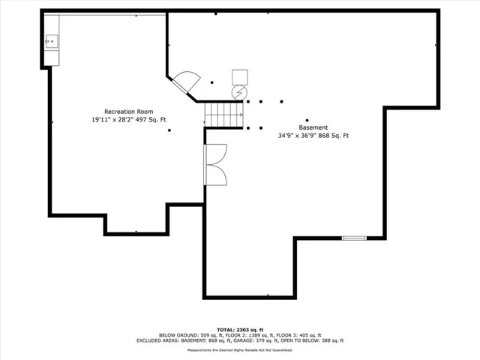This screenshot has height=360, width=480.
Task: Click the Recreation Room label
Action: tap(128, 112)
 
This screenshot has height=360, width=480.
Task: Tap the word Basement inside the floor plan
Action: tap(313, 127)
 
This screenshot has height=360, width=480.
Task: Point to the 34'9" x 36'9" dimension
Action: tap(297, 136)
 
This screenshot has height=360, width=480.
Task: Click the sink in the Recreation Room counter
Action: tap(52, 41)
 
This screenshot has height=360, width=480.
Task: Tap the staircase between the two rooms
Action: tap(223, 115)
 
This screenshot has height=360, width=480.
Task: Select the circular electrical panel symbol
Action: tap(239, 92)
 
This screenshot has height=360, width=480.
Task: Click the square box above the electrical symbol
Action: tap(240, 77)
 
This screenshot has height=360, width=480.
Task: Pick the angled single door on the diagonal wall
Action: tap(186, 82)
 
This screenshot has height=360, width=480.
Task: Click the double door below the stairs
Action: tap(215, 165)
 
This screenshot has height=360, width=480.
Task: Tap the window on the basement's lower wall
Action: tap(354, 238)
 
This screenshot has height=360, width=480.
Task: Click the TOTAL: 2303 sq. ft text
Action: tap(240, 330)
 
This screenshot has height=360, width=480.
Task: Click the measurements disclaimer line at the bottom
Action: tap(240, 350)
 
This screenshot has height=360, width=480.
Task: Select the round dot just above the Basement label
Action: tap(307, 120)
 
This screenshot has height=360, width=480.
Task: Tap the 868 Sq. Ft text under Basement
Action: tap(333, 136)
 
